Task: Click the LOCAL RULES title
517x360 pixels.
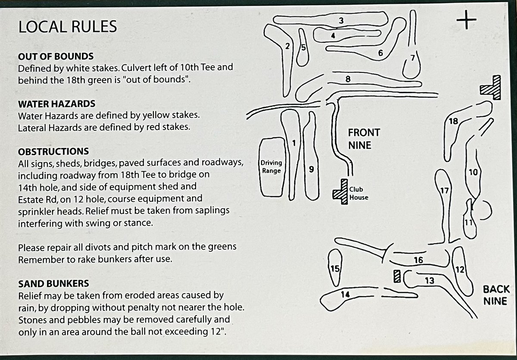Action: (x=68, y=27)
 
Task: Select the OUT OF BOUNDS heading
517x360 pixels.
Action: (x=56, y=56)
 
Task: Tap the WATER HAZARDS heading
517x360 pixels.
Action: (x=56, y=104)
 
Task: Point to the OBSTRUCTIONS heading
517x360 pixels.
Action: (x=53, y=152)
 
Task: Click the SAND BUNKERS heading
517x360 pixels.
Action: (x=53, y=284)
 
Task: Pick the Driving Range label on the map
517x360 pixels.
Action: (x=271, y=167)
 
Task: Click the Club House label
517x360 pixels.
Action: (x=358, y=193)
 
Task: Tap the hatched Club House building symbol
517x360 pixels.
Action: (x=341, y=192)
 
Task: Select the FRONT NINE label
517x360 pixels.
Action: (x=364, y=139)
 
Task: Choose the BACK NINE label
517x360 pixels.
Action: (x=496, y=295)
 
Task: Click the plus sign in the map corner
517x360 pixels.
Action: (x=466, y=20)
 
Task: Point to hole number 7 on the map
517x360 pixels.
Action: (x=413, y=58)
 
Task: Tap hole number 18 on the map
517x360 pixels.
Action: (x=453, y=121)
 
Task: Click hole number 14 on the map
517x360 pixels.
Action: (x=345, y=294)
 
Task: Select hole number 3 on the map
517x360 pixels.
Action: (x=341, y=21)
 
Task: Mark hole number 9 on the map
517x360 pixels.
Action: (x=311, y=169)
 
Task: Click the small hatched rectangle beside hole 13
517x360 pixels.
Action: (x=397, y=276)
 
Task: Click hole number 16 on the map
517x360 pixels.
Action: (x=418, y=260)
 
